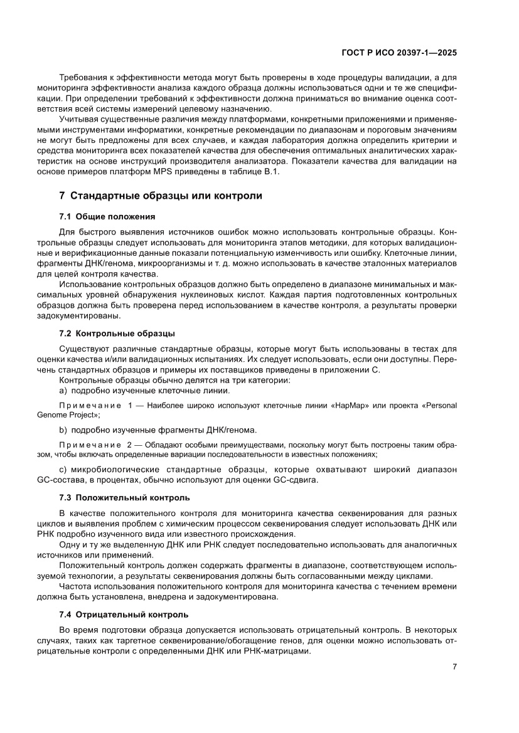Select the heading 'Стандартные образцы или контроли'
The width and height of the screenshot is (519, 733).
coord(166,196)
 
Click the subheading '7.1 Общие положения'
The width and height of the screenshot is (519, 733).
coord(107,216)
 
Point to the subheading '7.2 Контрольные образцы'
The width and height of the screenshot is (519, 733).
coord(117,332)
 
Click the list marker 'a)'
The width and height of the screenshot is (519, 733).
coord(63,390)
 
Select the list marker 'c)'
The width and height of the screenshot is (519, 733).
coord(63,470)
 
